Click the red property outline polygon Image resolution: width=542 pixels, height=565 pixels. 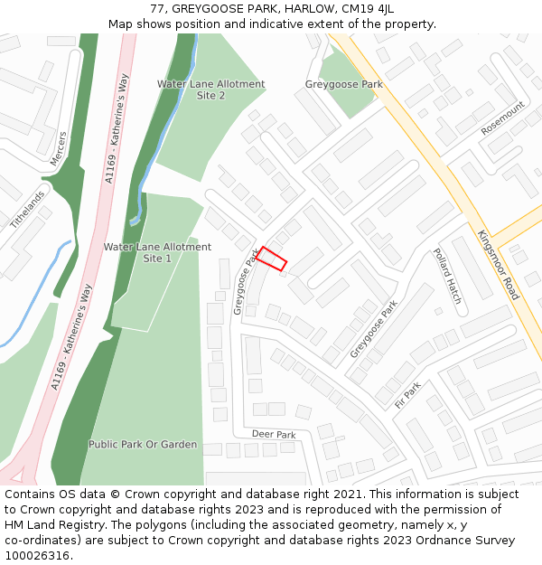coord(272,259)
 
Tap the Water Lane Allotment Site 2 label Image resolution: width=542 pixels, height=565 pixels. coord(211,89)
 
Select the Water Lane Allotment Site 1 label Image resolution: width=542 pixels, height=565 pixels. coord(157,252)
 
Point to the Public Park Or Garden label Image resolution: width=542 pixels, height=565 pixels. coord(143,445)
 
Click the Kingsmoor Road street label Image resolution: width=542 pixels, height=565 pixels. coord(498,265)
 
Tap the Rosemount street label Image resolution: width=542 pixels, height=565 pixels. coord(502,118)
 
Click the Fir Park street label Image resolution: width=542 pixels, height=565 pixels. coord(408,395)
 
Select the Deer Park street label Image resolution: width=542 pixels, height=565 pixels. coord(274,435)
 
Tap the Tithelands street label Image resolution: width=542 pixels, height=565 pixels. coord(27,209)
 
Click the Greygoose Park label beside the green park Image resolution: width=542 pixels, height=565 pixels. coord(343,85)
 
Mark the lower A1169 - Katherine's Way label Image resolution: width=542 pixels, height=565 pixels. coord(72,337)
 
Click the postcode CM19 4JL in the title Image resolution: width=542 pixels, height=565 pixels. coord(367,9)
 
